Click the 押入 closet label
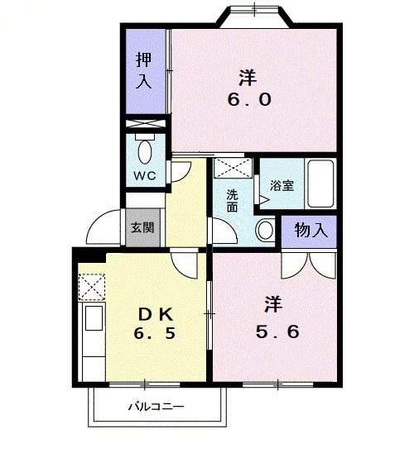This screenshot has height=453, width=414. point(144,70)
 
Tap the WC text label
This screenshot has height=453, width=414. point(144,175)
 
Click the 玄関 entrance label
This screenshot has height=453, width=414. point(142,227)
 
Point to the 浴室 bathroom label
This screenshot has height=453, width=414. point(282,185)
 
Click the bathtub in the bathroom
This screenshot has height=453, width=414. point(320,184)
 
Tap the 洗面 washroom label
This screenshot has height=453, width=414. point(232,201)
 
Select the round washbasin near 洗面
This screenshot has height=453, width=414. point(265,230)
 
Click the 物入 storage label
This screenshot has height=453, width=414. point(310,231)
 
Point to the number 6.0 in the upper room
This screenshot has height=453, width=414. point(249,100)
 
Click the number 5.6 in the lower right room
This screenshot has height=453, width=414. point(277,331)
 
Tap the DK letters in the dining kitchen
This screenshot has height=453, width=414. point(156,314)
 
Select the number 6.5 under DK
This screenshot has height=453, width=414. point(154,333)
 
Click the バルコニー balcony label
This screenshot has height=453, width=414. point(156,407)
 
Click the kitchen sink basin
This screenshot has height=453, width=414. point(94,317)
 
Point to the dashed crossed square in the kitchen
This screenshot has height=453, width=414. point(91,287)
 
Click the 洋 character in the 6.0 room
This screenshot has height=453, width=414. point(248,78)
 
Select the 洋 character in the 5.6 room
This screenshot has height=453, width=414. point(273,304)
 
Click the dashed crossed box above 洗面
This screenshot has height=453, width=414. point(233,168)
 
